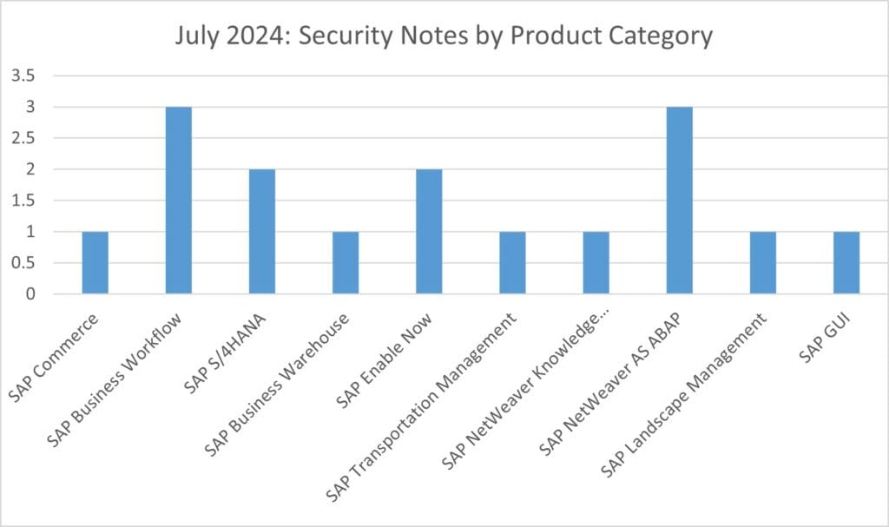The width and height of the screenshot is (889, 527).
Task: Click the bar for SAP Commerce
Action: pyautogui.click(x=95, y=263)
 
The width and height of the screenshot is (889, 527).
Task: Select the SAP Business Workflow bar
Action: pyautogui.click(x=179, y=201)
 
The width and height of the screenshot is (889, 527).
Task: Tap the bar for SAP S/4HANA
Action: pyautogui.click(x=262, y=232)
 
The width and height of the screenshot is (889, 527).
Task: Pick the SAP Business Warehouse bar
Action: pyautogui.click(x=346, y=263)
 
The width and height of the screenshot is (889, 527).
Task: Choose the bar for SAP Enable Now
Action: pyautogui.click(x=429, y=232)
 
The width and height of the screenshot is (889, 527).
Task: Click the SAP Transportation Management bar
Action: pyautogui.click(x=512, y=263)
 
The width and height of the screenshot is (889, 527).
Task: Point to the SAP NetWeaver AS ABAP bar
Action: pyautogui.click(x=679, y=201)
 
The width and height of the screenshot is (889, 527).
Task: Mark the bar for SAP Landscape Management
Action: pyautogui.click(x=762, y=263)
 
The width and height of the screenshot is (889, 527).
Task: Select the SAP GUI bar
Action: pyautogui.click(x=846, y=263)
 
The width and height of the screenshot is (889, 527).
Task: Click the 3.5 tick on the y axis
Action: pyautogui.click(x=23, y=76)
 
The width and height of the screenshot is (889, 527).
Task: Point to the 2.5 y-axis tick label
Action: pyautogui.click(x=23, y=139)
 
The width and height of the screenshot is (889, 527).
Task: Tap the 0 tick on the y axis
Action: pyautogui.click(x=30, y=294)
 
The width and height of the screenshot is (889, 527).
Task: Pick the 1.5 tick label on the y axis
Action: pyautogui.click(x=23, y=201)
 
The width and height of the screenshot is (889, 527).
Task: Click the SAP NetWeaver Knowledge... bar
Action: pyautogui.click(x=596, y=263)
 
